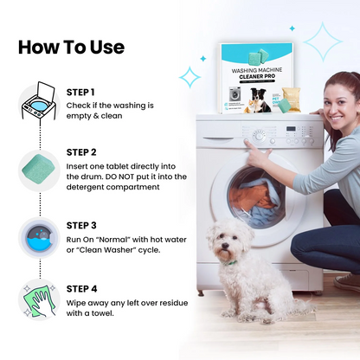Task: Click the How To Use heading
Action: coord(71,46)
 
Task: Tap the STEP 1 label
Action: coord(81,92)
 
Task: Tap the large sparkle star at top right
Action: coord(322,42)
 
